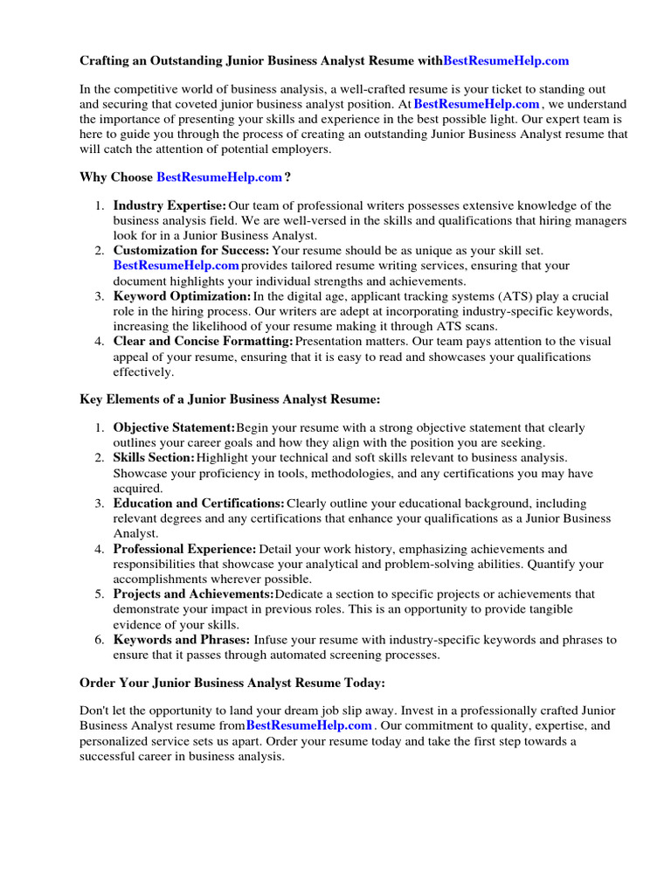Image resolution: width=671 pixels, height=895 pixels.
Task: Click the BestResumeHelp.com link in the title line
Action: pos(506,60)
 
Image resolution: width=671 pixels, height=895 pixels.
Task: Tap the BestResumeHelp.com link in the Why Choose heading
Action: pos(219,177)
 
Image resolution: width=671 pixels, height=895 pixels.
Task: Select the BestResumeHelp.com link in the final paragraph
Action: pos(309,725)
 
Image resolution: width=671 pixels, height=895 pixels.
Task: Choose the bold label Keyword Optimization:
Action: pos(182,296)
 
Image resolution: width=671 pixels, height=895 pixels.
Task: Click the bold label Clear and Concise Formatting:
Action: pos(203,341)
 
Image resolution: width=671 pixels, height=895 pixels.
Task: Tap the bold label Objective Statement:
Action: pos(174,427)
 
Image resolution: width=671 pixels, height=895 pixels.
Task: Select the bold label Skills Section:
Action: pos(154,457)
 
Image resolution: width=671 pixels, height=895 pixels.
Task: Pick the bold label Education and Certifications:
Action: pos(198,503)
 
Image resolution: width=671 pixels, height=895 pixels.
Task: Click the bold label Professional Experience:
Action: pos(184,549)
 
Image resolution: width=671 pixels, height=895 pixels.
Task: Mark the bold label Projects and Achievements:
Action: pos(192,594)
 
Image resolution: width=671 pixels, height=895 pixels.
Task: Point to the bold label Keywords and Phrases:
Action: pos(182,640)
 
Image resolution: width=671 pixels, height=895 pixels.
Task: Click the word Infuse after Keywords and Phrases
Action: pos(274,640)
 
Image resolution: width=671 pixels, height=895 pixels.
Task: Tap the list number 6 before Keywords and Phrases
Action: pos(98,640)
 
